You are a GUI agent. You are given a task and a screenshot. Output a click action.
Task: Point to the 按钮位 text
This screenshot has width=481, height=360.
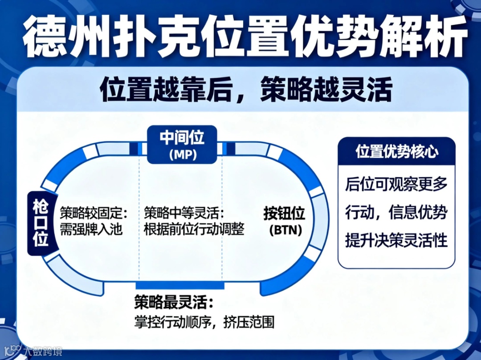click(x=284, y=214)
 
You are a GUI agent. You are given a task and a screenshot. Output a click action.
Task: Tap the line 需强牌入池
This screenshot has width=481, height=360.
click(x=90, y=229)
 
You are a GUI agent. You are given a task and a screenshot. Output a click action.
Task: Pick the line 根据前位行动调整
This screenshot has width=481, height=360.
click(x=194, y=229)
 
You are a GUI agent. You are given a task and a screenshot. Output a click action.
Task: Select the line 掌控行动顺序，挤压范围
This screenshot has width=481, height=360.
click(x=204, y=321)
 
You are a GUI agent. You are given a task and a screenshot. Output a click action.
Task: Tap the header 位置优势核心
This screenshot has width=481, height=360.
click(x=396, y=151)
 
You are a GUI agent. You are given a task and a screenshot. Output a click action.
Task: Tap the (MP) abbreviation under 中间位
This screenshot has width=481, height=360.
click(x=182, y=154)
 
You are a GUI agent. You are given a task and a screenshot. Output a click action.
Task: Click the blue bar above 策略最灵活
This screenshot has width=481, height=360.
click(x=180, y=285)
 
